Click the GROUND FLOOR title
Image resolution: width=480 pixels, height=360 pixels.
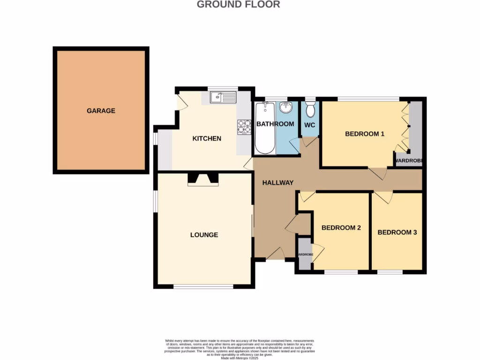pyautogui.click(x=238, y=5)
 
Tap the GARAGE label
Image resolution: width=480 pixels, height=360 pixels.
pyautogui.click(x=101, y=111)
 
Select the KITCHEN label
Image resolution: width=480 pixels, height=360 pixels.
pyautogui.click(x=207, y=139)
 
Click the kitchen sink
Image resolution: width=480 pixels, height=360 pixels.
pyautogui.click(x=223, y=97)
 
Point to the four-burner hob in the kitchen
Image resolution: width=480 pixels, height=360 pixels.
pyautogui.click(x=244, y=127)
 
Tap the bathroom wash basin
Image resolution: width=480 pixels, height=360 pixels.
pyautogui.click(x=285, y=108)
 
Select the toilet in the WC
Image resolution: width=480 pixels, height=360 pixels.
pyautogui.click(x=310, y=110)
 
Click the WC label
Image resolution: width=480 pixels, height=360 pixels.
pyautogui.click(x=310, y=125)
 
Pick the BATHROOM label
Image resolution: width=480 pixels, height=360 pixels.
pyautogui.click(x=275, y=124)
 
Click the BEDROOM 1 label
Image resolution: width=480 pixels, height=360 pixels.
pyautogui.click(x=365, y=134)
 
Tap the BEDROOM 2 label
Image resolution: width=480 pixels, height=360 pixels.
pyautogui.click(x=341, y=228)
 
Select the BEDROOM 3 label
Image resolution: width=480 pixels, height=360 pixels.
pyautogui.click(x=397, y=232)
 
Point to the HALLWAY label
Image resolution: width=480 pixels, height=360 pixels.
pyautogui.click(x=277, y=183)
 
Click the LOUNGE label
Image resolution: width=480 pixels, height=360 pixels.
pyautogui.click(x=204, y=235)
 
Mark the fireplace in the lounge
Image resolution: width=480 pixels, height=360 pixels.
pyautogui.click(x=203, y=179)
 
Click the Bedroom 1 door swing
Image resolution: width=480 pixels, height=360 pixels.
pyautogui.click(x=378, y=173)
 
